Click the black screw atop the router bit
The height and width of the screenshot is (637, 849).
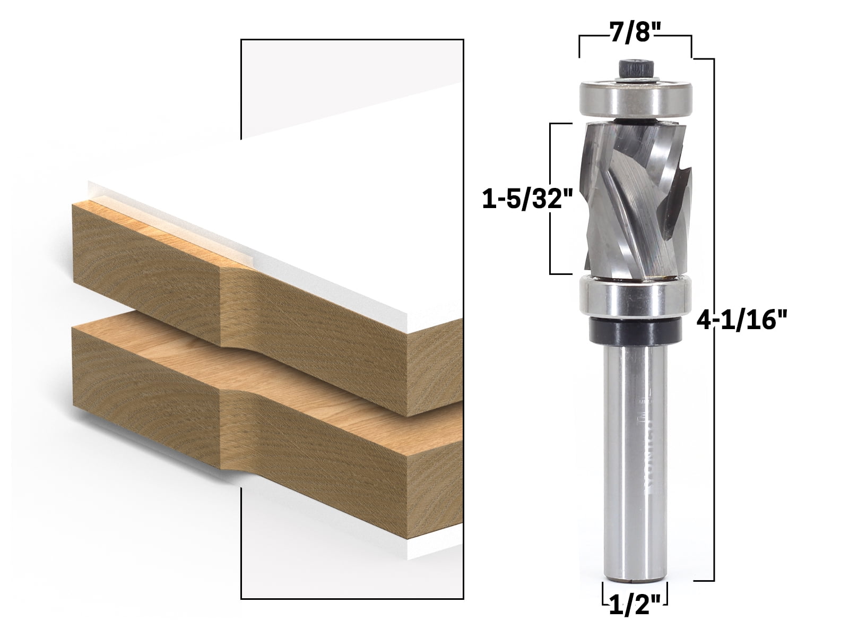635,69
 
